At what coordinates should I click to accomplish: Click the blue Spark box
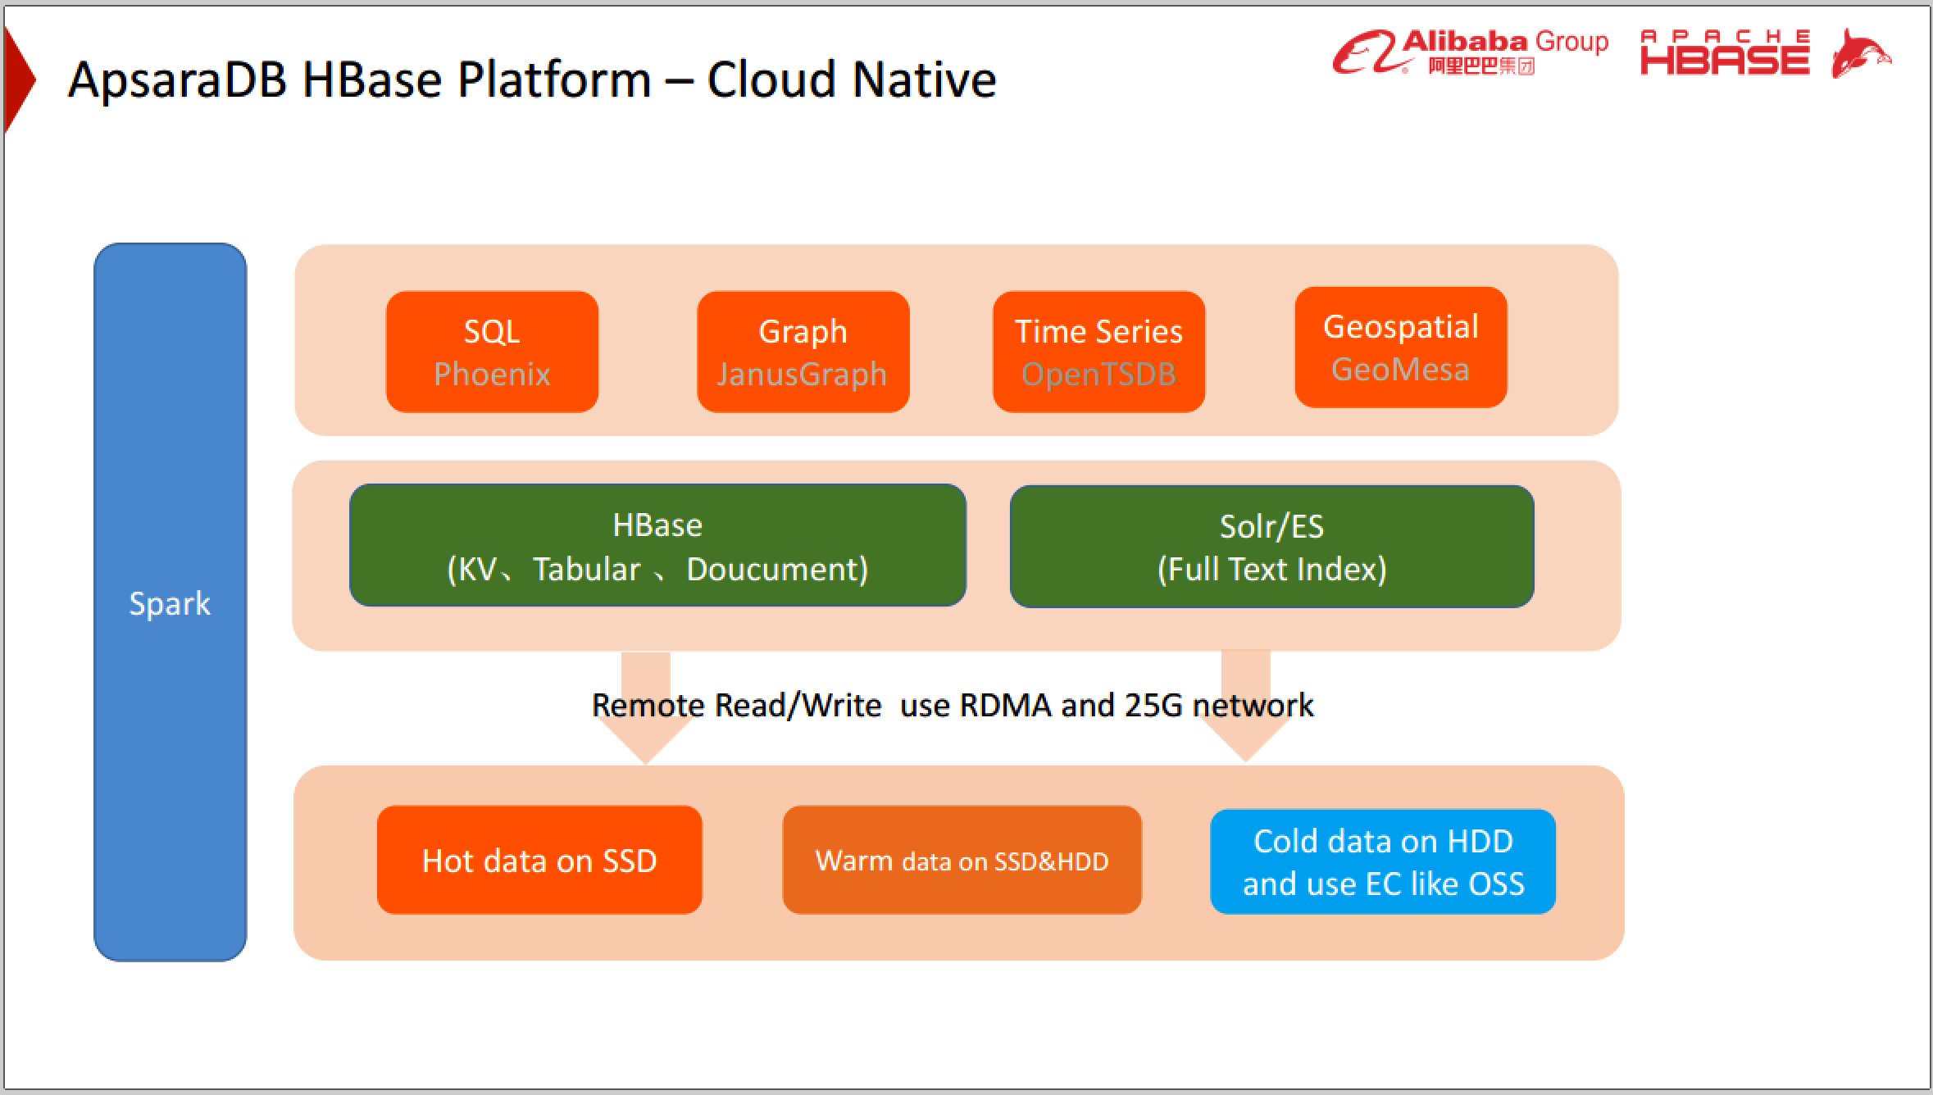pos(170,602)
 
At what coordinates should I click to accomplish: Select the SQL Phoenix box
pos(492,352)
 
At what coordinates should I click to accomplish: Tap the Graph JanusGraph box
pos(803,352)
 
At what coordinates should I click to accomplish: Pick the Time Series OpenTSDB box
pos(1098,352)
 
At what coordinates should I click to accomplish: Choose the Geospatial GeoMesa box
pos(1400,347)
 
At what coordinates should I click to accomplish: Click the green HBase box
pos(657,545)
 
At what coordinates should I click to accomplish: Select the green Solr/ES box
pos(1271,546)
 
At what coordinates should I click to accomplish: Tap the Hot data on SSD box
pos(539,860)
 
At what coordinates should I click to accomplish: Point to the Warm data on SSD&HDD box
pos(962,860)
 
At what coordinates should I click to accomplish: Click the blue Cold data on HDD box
pos(1382,861)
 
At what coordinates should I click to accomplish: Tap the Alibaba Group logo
pos(1469,52)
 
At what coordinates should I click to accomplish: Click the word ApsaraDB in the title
pos(177,80)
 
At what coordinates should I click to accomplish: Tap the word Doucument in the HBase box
pos(776,569)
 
